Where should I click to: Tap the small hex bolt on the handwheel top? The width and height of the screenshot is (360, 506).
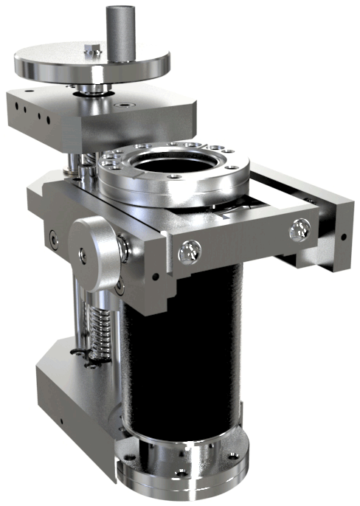tap(91, 51)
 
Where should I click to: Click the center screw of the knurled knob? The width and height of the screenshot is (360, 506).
tap(83, 254)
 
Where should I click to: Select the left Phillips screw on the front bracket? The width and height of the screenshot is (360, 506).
tap(190, 252)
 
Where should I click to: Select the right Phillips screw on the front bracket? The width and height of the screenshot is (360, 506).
tap(299, 230)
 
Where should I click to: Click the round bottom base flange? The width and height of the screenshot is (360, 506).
tap(184, 472)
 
